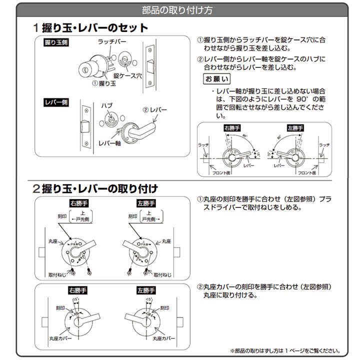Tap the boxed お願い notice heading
click(216, 79)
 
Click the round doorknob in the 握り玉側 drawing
click(85, 68)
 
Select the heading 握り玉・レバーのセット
click(94, 28)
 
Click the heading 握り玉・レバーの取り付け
click(99, 189)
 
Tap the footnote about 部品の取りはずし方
click(285, 350)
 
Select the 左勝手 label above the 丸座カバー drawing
click(146, 290)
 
